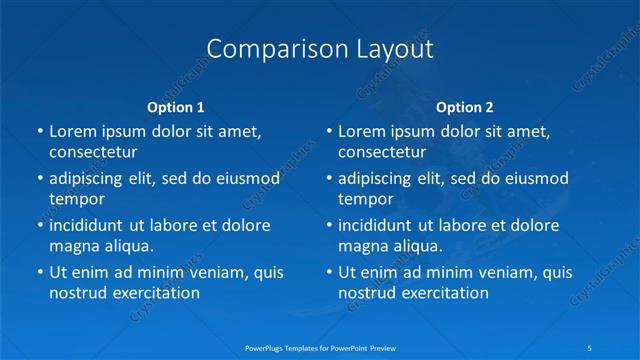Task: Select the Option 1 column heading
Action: (x=175, y=106)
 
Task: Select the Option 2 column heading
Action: (x=464, y=106)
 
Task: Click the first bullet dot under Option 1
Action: (x=40, y=131)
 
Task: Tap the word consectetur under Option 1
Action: (x=93, y=152)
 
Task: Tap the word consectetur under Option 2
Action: (x=382, y=152)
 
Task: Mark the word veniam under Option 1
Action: (x=203, y=272)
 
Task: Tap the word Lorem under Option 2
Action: (x=362, y=131)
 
